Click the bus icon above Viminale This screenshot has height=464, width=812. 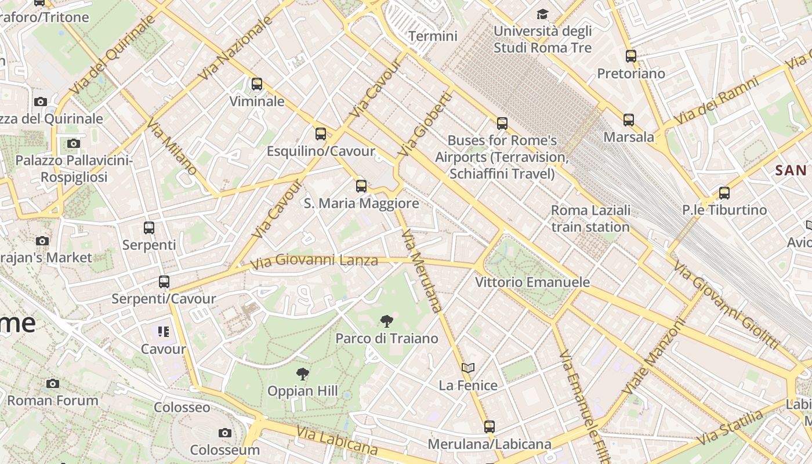[257, 84]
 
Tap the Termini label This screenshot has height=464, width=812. [433, 36]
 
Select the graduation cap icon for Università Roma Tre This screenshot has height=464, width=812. [542, 14]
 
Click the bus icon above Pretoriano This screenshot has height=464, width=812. [631, 56]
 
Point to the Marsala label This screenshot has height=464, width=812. [629, 137]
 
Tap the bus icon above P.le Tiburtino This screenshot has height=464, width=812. [724, 193]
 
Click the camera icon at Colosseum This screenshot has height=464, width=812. [225, 433]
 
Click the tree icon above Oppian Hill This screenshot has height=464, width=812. [302, 374]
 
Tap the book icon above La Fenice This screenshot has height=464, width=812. [468, 368]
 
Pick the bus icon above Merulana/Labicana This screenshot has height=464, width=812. [490, 427]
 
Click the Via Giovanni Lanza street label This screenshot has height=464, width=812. [314, 262]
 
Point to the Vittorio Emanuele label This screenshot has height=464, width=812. [532, 282]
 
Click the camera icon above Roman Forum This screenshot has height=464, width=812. [53, 383]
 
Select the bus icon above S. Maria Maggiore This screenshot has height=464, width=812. [361, 186]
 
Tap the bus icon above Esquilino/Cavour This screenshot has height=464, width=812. [321, 134]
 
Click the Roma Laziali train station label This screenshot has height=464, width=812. [590, 218]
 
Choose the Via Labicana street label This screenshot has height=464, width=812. [337, 441]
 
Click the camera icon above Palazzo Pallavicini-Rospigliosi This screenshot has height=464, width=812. [73, 143]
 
